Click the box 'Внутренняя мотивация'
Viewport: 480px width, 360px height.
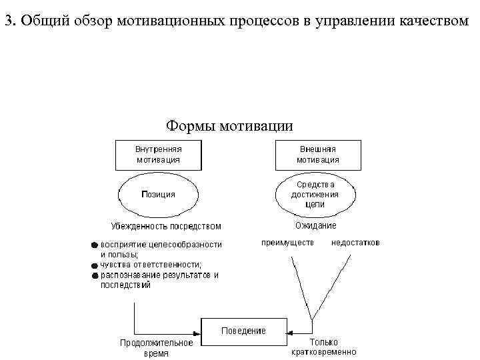pos(158,155)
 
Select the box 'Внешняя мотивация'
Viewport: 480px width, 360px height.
pos(318,155)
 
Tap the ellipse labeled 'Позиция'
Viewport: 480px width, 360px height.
pos(158,194)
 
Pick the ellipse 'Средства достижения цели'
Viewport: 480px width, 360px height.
pos(318,194)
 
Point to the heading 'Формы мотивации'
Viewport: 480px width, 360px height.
pos(229,125)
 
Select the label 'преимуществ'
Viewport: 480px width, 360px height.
pos(287,243)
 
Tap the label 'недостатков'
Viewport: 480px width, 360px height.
pos(355,243)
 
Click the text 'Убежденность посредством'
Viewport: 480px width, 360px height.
pos(166,226)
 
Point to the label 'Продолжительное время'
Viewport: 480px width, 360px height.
pos(156,348)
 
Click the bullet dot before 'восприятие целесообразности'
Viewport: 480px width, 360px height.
pos(95,245)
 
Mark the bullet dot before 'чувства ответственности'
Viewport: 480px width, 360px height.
pos(95,265)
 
